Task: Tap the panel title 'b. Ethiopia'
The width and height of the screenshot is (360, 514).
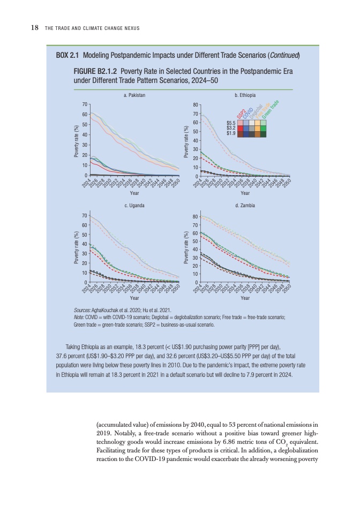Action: [245, 95]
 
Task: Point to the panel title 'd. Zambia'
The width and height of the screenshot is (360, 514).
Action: [245, 205]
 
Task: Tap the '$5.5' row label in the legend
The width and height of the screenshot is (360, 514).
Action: [231, 123]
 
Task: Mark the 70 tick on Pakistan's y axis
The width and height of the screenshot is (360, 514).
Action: [85, 104]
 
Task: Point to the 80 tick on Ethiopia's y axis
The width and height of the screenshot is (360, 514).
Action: [196, 104]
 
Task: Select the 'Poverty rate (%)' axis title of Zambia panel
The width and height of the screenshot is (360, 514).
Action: [186, 247]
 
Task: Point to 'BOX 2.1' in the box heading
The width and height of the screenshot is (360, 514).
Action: [68, 56]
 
